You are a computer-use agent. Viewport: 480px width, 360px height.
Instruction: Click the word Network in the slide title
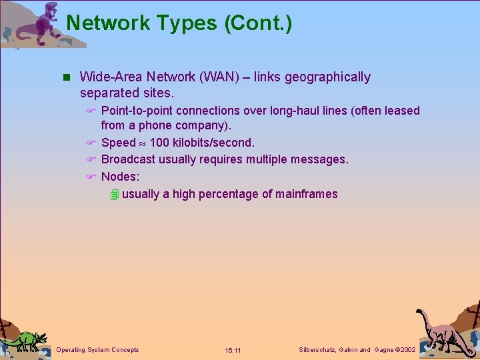pos(109,23)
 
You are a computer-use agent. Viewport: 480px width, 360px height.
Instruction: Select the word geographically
pos(327,77)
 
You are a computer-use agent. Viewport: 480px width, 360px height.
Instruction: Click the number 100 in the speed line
pos(159,143)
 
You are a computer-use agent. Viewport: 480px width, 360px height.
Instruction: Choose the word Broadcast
pos(128,159)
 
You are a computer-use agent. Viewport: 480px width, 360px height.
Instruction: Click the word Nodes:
pos(120,177)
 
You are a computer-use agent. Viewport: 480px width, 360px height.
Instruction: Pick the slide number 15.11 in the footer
pos(233,351)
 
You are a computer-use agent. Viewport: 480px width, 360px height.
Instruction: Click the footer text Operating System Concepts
pos(98,350)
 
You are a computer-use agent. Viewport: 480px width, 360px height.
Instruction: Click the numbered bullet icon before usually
pos(115,195)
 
